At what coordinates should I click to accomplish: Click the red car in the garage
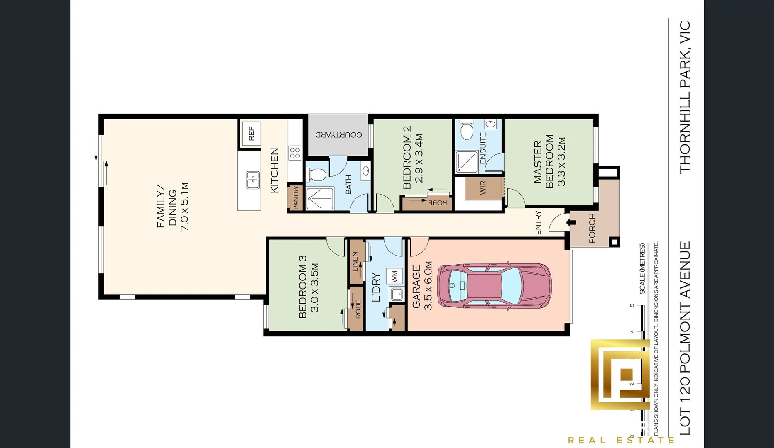495,286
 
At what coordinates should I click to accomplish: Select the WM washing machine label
394,275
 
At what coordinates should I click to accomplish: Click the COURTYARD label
338,135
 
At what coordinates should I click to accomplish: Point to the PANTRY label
296,197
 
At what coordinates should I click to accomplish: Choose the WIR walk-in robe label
483,187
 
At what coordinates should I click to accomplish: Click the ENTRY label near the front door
538,222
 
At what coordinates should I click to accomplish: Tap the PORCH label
592,228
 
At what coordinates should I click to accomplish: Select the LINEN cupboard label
355,262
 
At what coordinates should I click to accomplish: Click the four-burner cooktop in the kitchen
295,153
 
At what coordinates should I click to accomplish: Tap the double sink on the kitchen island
253,180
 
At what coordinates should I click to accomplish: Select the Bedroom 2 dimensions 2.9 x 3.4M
419,158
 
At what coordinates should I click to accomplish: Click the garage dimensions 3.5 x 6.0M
428,285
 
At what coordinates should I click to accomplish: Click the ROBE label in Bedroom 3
358,309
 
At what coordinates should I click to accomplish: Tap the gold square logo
620,375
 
